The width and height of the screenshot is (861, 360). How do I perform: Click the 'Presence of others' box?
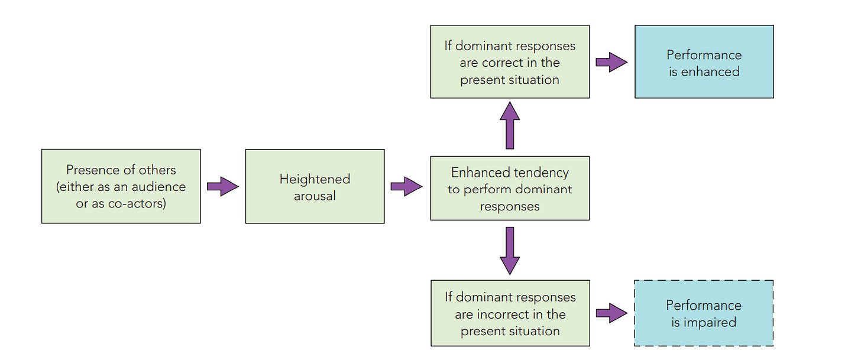point(121,186)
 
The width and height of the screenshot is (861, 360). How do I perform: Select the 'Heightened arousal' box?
point(315,186)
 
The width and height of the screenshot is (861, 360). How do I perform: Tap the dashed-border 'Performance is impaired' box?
point(704,313)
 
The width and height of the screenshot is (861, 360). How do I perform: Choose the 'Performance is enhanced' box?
point(704,61)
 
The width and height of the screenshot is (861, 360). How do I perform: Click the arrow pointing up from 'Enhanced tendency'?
point(510,125)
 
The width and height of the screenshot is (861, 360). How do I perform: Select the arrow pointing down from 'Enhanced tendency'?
point(510,251)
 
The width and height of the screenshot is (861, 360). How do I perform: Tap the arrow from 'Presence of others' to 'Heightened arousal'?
point(222,187)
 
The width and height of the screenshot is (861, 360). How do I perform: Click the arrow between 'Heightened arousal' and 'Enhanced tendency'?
point(406,187)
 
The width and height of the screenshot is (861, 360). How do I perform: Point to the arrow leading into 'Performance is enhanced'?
point(611,62)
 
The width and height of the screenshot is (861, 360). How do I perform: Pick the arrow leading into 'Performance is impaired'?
point(611,314)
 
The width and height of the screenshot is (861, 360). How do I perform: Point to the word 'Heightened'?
point(315,179)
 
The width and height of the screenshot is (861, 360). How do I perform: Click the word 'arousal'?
point(315,196)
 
